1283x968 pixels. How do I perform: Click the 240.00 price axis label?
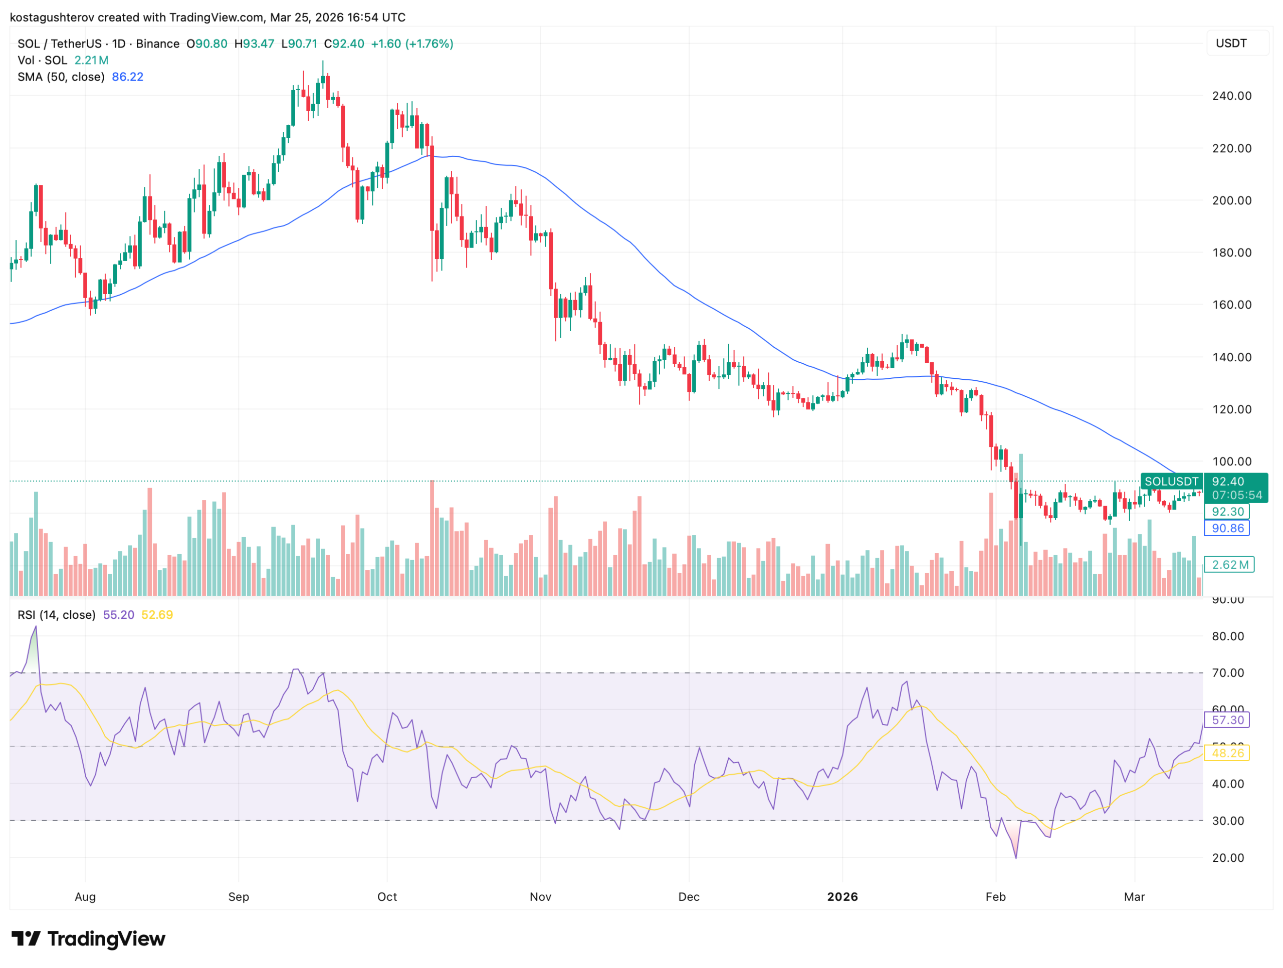1231,96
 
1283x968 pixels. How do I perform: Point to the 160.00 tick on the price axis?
1231,305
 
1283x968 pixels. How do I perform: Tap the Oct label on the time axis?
387,897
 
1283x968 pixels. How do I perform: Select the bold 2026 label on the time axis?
842,897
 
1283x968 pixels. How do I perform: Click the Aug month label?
85,897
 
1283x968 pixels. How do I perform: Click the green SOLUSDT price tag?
1171,481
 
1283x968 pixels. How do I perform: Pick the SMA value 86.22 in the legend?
128,77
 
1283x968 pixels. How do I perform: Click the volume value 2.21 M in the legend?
91,60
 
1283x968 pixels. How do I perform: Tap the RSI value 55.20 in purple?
118,615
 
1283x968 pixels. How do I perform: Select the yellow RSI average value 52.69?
157,615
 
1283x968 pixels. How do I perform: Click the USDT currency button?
1231,44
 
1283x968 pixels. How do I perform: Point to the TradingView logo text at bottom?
106,939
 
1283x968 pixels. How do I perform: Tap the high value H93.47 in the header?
254,44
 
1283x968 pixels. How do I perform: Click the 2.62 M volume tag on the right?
1229,564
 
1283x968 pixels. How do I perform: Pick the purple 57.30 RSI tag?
1228,720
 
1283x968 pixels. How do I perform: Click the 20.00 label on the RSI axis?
1228,858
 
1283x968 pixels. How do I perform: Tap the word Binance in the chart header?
158,44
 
